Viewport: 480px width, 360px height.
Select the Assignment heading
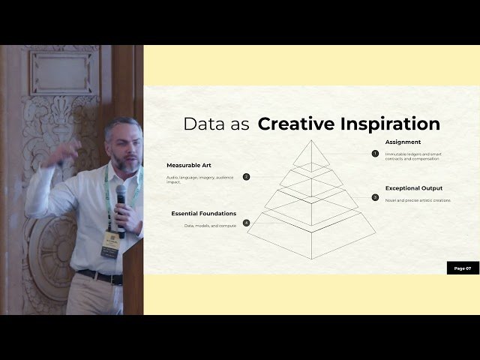(x=403, y=142)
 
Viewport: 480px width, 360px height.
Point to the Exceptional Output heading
(x=413, y=187)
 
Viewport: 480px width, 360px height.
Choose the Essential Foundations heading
(x=203, y=213)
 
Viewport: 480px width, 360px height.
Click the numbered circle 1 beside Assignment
(x=375, y=153)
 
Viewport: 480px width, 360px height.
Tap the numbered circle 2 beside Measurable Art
(x=246, y=177)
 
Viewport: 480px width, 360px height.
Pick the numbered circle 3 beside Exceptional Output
(x=375, y=198)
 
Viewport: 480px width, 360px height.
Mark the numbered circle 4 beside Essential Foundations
(x=246, y=223)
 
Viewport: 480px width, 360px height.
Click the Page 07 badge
(x=463, y=268)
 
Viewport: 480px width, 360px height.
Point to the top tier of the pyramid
(x=310, y=154)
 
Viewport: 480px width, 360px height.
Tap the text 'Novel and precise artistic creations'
(x=418, y=200)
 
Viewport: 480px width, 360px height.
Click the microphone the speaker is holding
(x=121, y=202)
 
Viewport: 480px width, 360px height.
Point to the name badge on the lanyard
(x=109, y=244)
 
